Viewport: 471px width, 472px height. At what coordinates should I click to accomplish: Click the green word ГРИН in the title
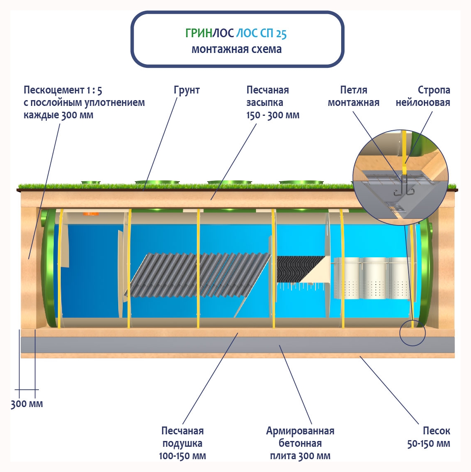[x=198, y=34]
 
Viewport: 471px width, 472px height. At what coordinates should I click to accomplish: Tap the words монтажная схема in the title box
[x=237, y=49]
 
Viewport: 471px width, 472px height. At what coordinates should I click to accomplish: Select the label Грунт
[x=186, y=90]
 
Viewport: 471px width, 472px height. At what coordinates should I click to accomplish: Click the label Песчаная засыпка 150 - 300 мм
[x=273, y=102]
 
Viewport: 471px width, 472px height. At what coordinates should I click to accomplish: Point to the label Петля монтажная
[x=354, y=96]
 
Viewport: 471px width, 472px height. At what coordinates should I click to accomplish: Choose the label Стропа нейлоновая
[x=423, y=96]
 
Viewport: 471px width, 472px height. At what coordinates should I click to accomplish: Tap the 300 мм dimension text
[x=27, y=404]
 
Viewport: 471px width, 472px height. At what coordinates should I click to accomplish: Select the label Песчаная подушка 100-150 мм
[x=182, y=443]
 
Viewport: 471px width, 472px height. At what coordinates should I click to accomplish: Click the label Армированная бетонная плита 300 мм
[x=300, y=443]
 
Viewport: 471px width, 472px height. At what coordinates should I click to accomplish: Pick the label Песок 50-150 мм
[x=429, y=437]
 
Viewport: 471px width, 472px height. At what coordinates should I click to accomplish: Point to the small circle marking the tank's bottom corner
[x=412, y=333]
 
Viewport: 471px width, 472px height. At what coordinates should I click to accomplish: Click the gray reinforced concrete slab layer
[x=238, y=345]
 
